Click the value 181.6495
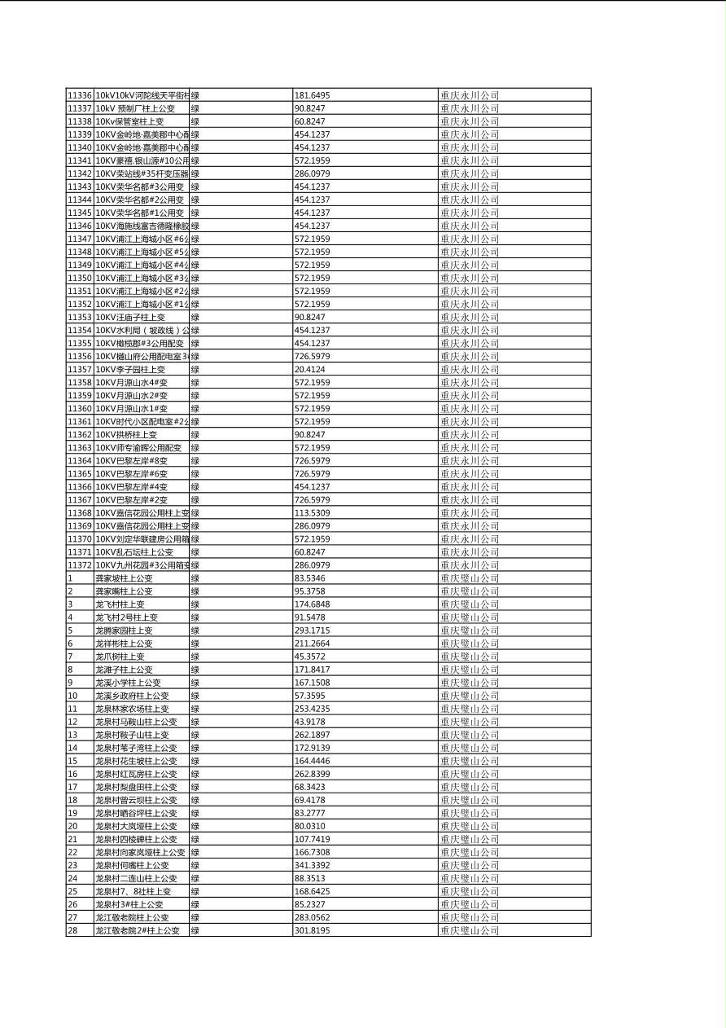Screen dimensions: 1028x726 (x=313, y=95)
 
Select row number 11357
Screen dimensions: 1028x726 (x=79, y=369)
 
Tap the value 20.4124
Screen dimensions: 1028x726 (x=310, y=369)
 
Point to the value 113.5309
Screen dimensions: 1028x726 (x=313, y=513)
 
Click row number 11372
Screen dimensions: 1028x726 (x=79, y=565)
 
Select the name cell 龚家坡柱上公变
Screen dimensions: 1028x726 (x=124, y=578)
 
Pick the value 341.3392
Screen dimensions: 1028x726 (x=313, y=865)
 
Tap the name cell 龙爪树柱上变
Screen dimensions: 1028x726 (x=120, y=657)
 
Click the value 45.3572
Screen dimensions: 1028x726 (x=310, y=657)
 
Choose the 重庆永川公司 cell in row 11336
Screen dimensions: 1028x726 (x=470, y=95)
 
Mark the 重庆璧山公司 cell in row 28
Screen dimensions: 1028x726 (x=470, y=930)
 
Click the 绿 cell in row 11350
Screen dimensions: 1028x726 (x=195, y=278)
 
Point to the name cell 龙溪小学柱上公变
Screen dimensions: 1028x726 (x=128, y=683)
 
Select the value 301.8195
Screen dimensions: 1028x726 (x=313, y=930)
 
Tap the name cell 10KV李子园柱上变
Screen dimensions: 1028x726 (x=130, y=369)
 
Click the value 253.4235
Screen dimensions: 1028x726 (x=313, y=709)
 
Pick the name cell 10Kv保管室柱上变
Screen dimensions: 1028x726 (x=129, y=121)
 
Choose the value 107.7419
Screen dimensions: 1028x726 (x=313, y=839)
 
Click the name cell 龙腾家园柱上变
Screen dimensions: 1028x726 (x=124, y=630)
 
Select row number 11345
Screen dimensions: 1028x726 (x=79, y=213)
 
